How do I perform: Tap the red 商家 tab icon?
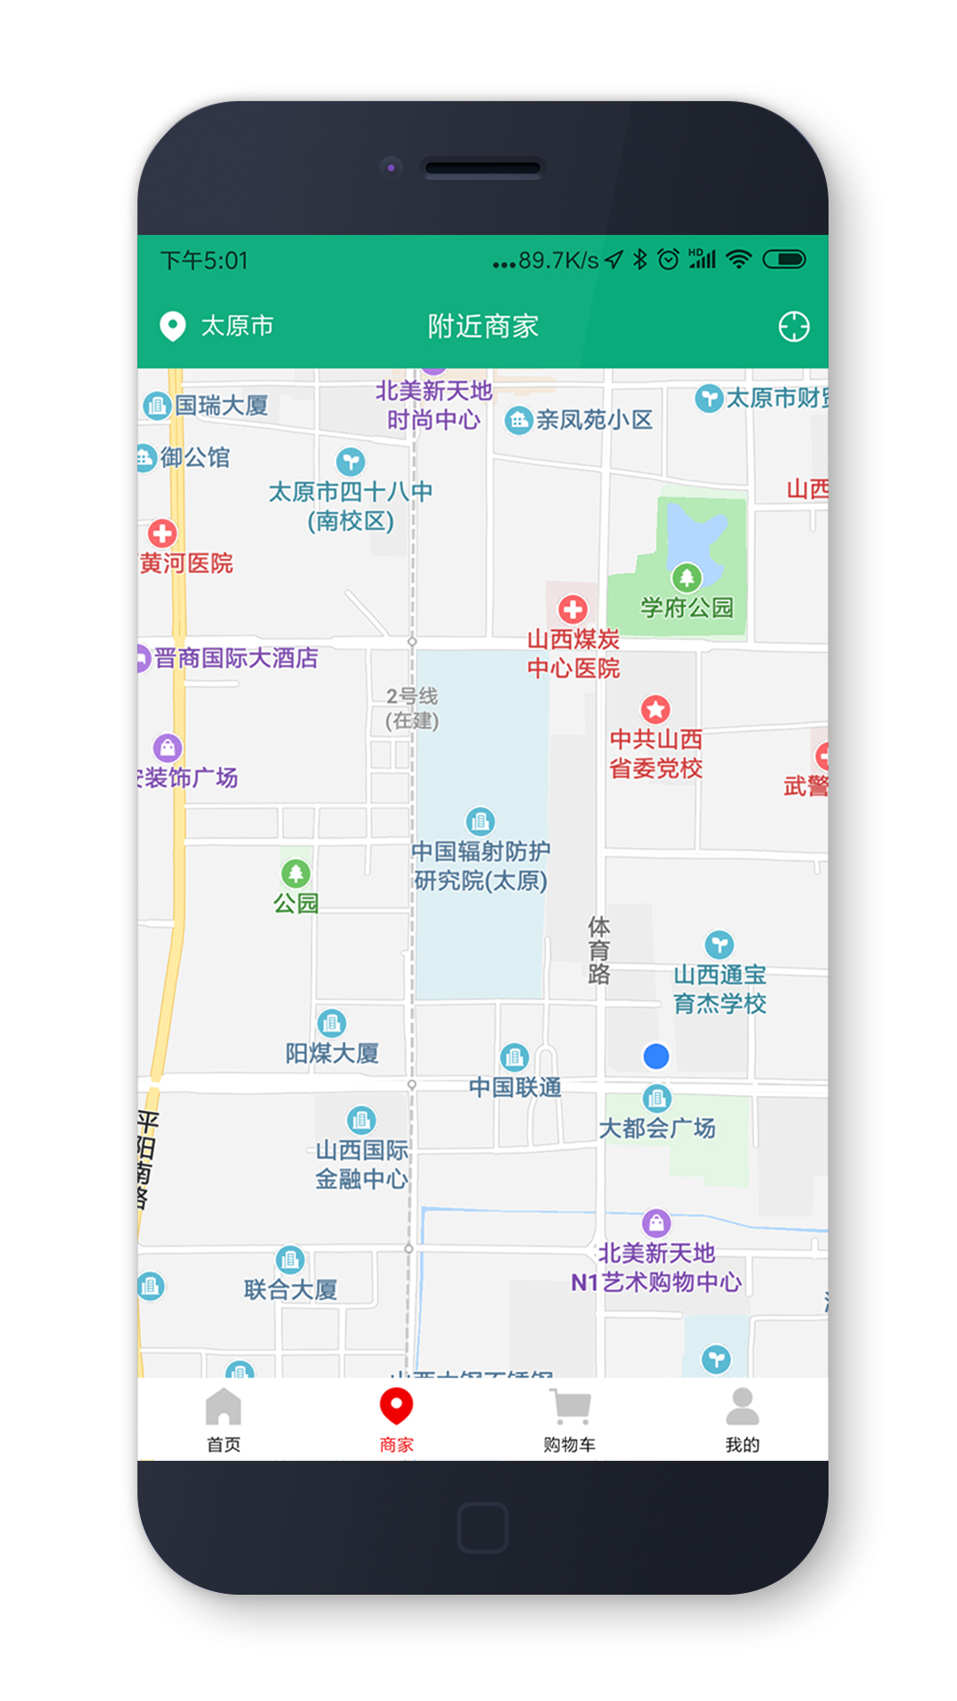point(396,1407)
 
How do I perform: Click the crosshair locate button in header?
point(793,327)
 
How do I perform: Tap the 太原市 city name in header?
point(237,326)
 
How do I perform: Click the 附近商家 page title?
point(483,326)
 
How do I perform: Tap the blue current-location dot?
point(656,1056)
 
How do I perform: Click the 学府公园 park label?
point(687,608)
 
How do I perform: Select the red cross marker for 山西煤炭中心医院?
point(572,610)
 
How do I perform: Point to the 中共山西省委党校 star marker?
point(656,709)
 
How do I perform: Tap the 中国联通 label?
point(515,1087)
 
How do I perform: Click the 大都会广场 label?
point(657,1128)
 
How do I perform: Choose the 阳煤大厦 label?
point(332,1053)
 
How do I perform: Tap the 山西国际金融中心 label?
point(362,1164)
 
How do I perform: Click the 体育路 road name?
point(599,951)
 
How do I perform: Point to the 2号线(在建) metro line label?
point(412,708)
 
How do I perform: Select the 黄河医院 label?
point(186,563)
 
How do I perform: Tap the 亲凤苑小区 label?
point(594,420)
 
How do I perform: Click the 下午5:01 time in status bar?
point(204,260)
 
